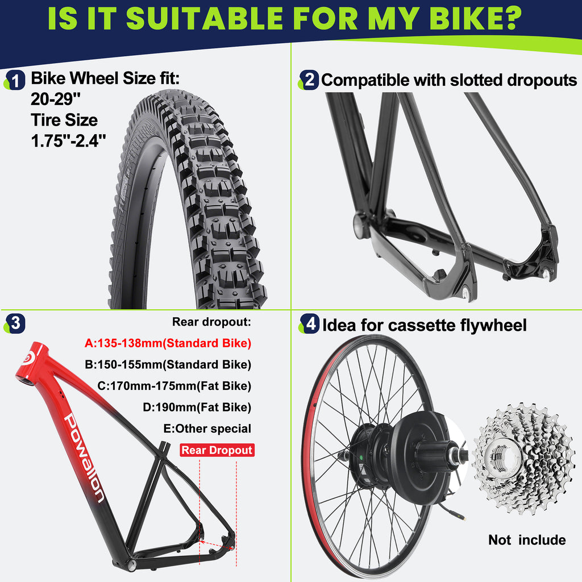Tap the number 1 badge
pyautogui.click(x=15, y=80)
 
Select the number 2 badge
pyautogui.click(x=309, y=80)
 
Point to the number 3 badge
pyautogui.click(x=15, y=323)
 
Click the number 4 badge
pyautogui.click(x=310, y=323)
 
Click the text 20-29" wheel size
pyautogui.click(x=56, y=99)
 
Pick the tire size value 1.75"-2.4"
pyautogui.click(x=68, y=141)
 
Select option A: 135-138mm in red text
pyautogui.click(x=168, y=343)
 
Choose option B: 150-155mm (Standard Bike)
pyautogui.click(x=168, y=364)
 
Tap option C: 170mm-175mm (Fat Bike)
pyautogui.click(x=174, y=386)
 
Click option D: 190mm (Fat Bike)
pyautogui.click(x=197, y=407)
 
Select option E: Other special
pyautogui.click(x=207, y=429)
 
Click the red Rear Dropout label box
pyautogui.click(x=217, y=450)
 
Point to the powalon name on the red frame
pyautogui.click(x=84, y=458)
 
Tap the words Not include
pyautogui.click(x=527, y=540)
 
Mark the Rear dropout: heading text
pyautogui.click(x=211, y=322)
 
